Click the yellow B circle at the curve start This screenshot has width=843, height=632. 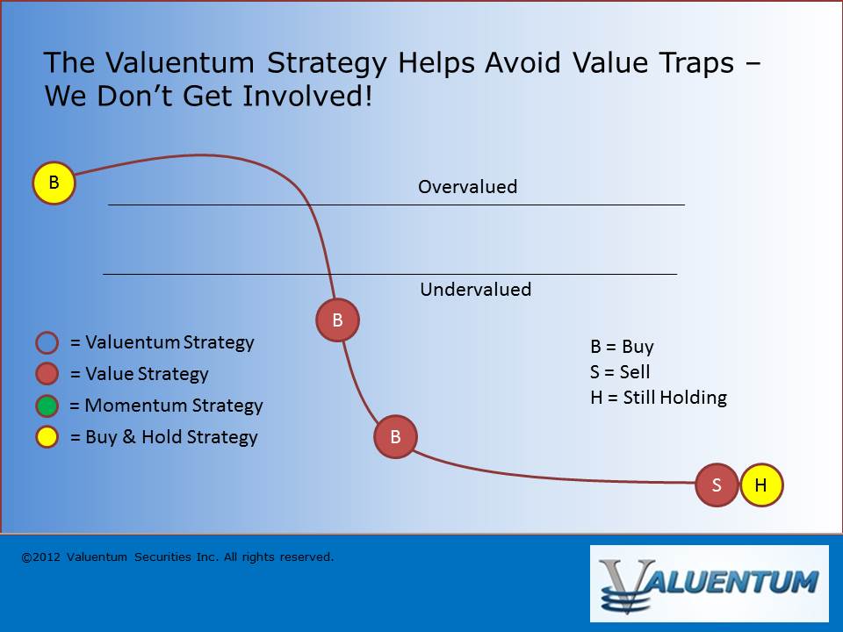click(x=54, y=183)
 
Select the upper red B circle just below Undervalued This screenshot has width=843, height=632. click(x=337, y=320)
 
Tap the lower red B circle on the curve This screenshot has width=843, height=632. click(x=395, y=437)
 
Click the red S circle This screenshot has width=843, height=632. click(x=717, y=485)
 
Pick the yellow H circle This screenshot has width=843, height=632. click(x=761, y=485)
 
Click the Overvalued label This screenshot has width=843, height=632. click(x=468, y=187)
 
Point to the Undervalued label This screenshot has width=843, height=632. click(x=476, y=290)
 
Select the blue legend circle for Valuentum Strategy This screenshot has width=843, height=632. click(x=47, y=342)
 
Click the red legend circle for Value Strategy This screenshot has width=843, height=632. click(x=47, y=374)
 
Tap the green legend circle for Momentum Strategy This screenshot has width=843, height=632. click(x=47, y=406)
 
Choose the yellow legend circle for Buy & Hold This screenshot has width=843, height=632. click(x=47, y=437)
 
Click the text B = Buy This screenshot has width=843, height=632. click(x=622, y=348)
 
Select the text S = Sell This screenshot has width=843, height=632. click(x=620, y=372)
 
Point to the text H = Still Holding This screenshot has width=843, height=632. click(x=659, y=398)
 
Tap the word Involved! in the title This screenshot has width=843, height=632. click(x=307, y=97)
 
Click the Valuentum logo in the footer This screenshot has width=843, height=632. click(x=710, y=584)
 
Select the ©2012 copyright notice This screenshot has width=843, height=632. click(x=177, y=557)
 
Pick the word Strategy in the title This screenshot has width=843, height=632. click(x=327, y=64)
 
